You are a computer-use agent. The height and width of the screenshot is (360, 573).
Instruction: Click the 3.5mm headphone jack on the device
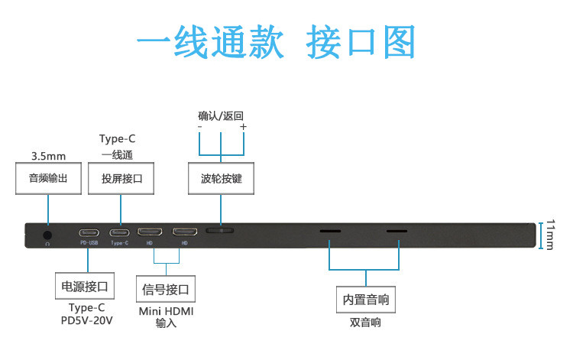pos(47,235)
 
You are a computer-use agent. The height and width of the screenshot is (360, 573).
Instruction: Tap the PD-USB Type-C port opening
pos(89,232)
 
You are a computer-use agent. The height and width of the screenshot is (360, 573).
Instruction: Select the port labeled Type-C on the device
pos(119,232)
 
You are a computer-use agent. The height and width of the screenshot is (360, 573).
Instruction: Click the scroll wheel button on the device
pos(219,231)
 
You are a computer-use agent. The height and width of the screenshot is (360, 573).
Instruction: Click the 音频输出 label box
pos(48,178)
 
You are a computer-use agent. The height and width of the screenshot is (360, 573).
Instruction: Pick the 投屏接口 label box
pos(121,178)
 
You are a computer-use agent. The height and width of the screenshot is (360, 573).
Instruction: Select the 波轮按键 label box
pos(221,178)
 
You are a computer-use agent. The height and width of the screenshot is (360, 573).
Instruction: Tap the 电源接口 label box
pos(85,286)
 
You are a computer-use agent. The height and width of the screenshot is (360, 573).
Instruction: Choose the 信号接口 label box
pos(166,289)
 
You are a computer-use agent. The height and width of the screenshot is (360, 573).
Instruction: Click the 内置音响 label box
pos(366,300)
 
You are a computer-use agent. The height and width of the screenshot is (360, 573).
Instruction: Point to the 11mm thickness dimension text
pos(550,235)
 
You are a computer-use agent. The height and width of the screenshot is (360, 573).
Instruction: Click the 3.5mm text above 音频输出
pos(49,156)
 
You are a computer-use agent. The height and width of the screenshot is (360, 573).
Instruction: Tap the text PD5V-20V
pos(86,320)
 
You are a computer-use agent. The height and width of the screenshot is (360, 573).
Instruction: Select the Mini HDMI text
pos(167,311)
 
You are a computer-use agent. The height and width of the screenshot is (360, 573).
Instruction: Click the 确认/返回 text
pos(221,116)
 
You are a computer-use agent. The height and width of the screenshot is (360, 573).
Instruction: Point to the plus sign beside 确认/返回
pos(244,126)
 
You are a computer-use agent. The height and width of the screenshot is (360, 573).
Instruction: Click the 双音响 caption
pos(365,323)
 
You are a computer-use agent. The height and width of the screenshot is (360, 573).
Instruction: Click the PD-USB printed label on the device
pos(89,243)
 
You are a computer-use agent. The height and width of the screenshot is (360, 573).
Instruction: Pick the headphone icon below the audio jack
pos(47,244)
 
